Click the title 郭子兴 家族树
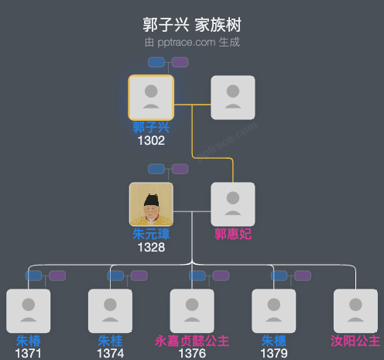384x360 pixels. pyautogui.click(x=192, y=25)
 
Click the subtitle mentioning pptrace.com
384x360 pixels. pyautogui.click(x=192, y=42)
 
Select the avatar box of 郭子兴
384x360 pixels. pyautogui.click(x=151, y=98)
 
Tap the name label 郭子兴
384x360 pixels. pyautogui.click(x=151, y=128)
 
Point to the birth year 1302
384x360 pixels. pyautogui.click(x=151, y=141)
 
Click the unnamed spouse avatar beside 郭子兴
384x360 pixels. pyautogui.click(x=233, y=98)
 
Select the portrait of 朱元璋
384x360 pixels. pyautogui.click(x=151, y=204)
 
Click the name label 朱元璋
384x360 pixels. pyautogui.click(x=151, y=235)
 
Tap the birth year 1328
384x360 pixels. pyautogui.click(x=151, y=248)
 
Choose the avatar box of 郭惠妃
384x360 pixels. pyautogui.click(x=233, y=204)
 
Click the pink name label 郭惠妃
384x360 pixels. pyautogui.click(x=233, y=235)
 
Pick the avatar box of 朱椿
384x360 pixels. pyautogui.click(x=29, y=310)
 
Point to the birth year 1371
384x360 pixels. pyautogui.click(x=29, y=354)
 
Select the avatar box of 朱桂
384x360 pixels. pyautogui.click(x=110, y=310)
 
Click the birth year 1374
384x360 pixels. pyautogui.click(x=110, y=354)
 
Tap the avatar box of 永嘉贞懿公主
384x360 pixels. pyautogui.click(x=192, y=310)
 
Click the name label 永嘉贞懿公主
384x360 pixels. pyautogui.click(x=192, y=341)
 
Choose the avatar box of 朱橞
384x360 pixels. pyautogui.click(x=274, y=310)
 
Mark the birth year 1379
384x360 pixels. pyautogui.click(x=274, y=354)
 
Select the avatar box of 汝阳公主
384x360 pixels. pyautogui.click(x=355, y=310)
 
